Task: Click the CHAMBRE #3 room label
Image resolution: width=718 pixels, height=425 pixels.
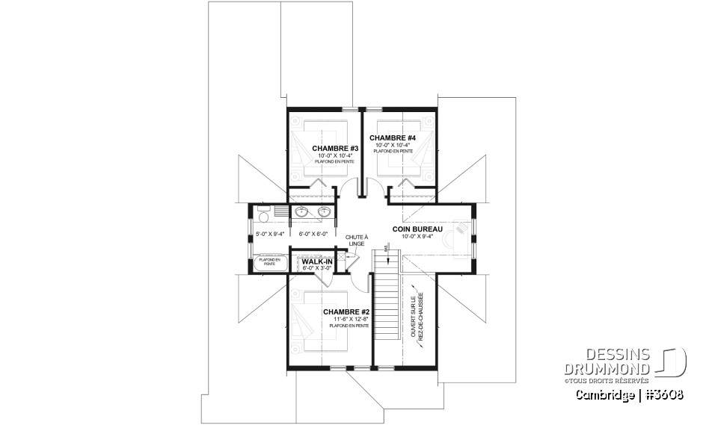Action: (x=336, y=148)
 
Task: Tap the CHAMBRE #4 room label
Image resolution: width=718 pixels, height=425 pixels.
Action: (x=392, y=138)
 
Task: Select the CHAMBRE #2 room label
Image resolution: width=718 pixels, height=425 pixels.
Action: (x=346, y=311)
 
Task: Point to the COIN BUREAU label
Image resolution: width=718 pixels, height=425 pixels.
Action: (x=418, y=229)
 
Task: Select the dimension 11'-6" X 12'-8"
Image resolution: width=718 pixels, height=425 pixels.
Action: (x=351, y=319)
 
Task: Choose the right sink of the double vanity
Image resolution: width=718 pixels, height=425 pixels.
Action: (x=325, y=212)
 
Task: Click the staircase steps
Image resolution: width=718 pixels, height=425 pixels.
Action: (x=387, y=306)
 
